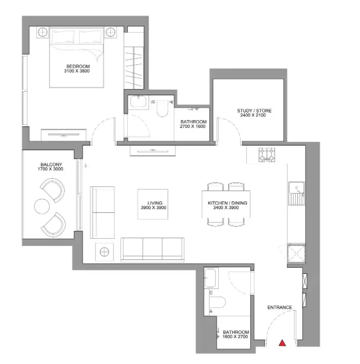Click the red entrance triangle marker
pyautogui.click(x=282, y=343)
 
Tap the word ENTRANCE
pyautogui.click(x=280, y=307)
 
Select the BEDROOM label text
pyautogui.click(x=78, y=67)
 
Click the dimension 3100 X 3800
pyautogui.click(x=77, y=71)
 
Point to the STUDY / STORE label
pyautogui.click(x=254, y=111)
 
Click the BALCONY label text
pyautogui.click(x=51, y=164)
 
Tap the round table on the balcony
pyautogui.click(x=42, y=206)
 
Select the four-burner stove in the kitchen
pyautogui.click(x=267, y=155)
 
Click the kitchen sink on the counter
pyautogui.click(x=296, y=193)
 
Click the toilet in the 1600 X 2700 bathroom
pyautogui.click(x=217, y=302)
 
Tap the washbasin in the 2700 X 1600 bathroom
pyautogui.click(x=138, y=102)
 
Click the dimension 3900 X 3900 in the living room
pyautogui.click(x=154, y=207)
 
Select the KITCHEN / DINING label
pyautogui.click(x=227, y=203)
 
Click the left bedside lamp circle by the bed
pyautogui.click(x=43, y=32)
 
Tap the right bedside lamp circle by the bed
pyautogui.click(x=111, y=32)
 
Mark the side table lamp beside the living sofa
pyautogui.click(x=104, y=251)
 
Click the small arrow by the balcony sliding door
pyautogui.click(x=86, y=165)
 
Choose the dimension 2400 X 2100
pyautogui.click(x=253, y=115)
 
